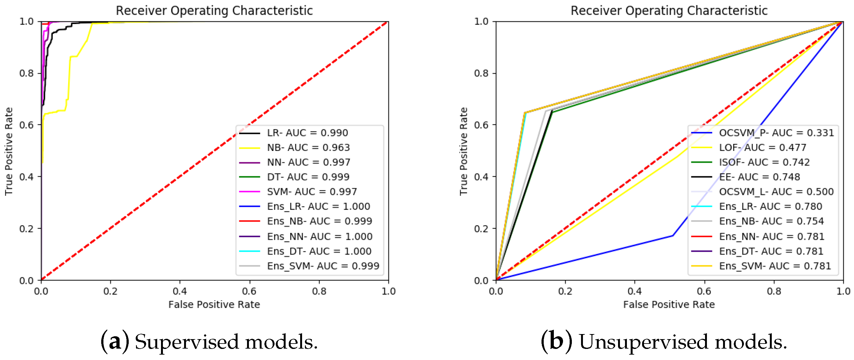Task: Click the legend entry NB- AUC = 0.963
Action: (308, 147)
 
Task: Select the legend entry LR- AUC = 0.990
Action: (307, 133)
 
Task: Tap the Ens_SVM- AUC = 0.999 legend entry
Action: (323, 266)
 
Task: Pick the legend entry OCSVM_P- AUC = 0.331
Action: (776, 133)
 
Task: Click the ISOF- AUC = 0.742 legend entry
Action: (764, 162)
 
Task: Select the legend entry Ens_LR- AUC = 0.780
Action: (770, 207)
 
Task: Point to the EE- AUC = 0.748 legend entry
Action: (759, 177)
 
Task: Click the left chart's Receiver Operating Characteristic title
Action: (214, 11)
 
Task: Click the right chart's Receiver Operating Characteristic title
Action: (669, 11)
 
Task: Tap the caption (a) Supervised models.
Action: (209, 342)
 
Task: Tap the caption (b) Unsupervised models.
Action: (664, 342)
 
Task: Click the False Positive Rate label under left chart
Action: (214, 304)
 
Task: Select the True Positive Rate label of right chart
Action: (463, 151)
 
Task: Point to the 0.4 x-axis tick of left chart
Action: (180, 291)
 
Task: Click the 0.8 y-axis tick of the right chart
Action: (481, 73)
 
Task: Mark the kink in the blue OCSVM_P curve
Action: (673, 236)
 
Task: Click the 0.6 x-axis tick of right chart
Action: (704, 291)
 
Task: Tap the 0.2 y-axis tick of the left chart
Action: (27, 229)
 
